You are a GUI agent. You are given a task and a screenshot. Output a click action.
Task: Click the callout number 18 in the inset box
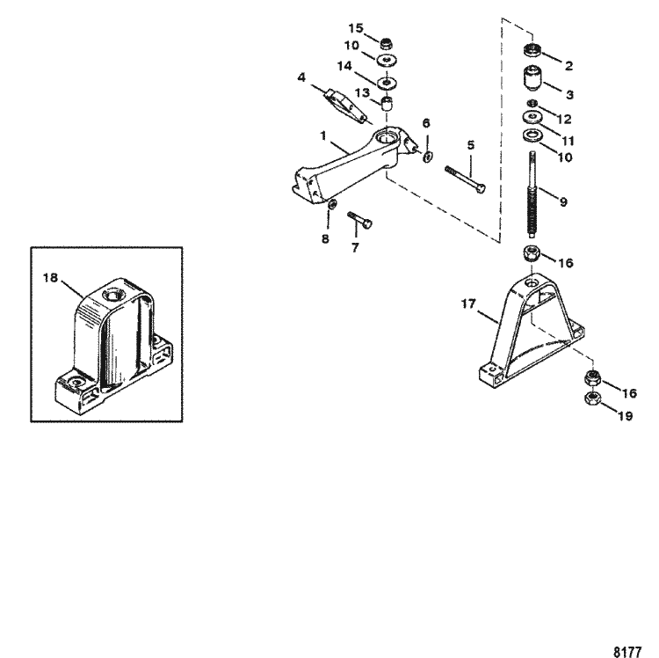tap(50, 277)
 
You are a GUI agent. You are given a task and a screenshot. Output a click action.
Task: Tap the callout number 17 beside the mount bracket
tap(468, 305)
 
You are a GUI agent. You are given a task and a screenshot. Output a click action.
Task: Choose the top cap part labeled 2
tap(532, 50)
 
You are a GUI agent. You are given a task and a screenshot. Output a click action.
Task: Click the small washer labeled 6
tap(427, 157)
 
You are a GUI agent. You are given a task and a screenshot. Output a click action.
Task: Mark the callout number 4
tap(302, 77)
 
